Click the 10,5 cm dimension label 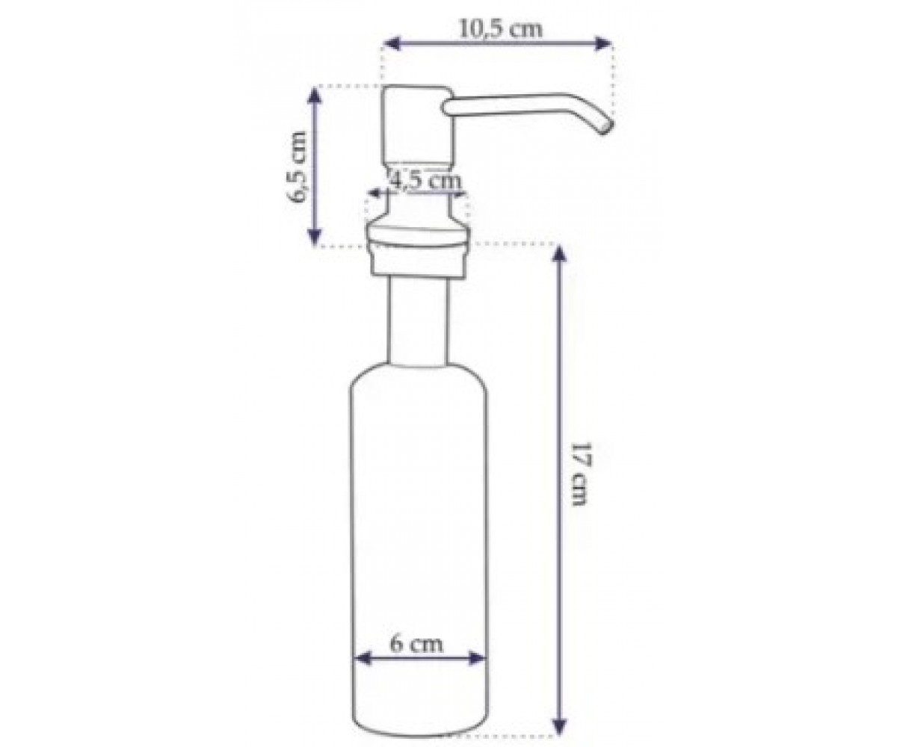pyautogui.click(x=500, y=29)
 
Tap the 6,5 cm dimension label pyautogui.click(x=297, y=165)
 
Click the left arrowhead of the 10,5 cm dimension pyautogui.click(x=392, y=43)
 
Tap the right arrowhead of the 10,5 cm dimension pyautogui.click(x=602, y=43)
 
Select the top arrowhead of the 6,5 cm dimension pyautogui.click(x=315, y=96)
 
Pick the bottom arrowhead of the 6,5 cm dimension pyautogui.click(x=315, y=236)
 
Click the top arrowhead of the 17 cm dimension pyautogui.click(x=559, y=254)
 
